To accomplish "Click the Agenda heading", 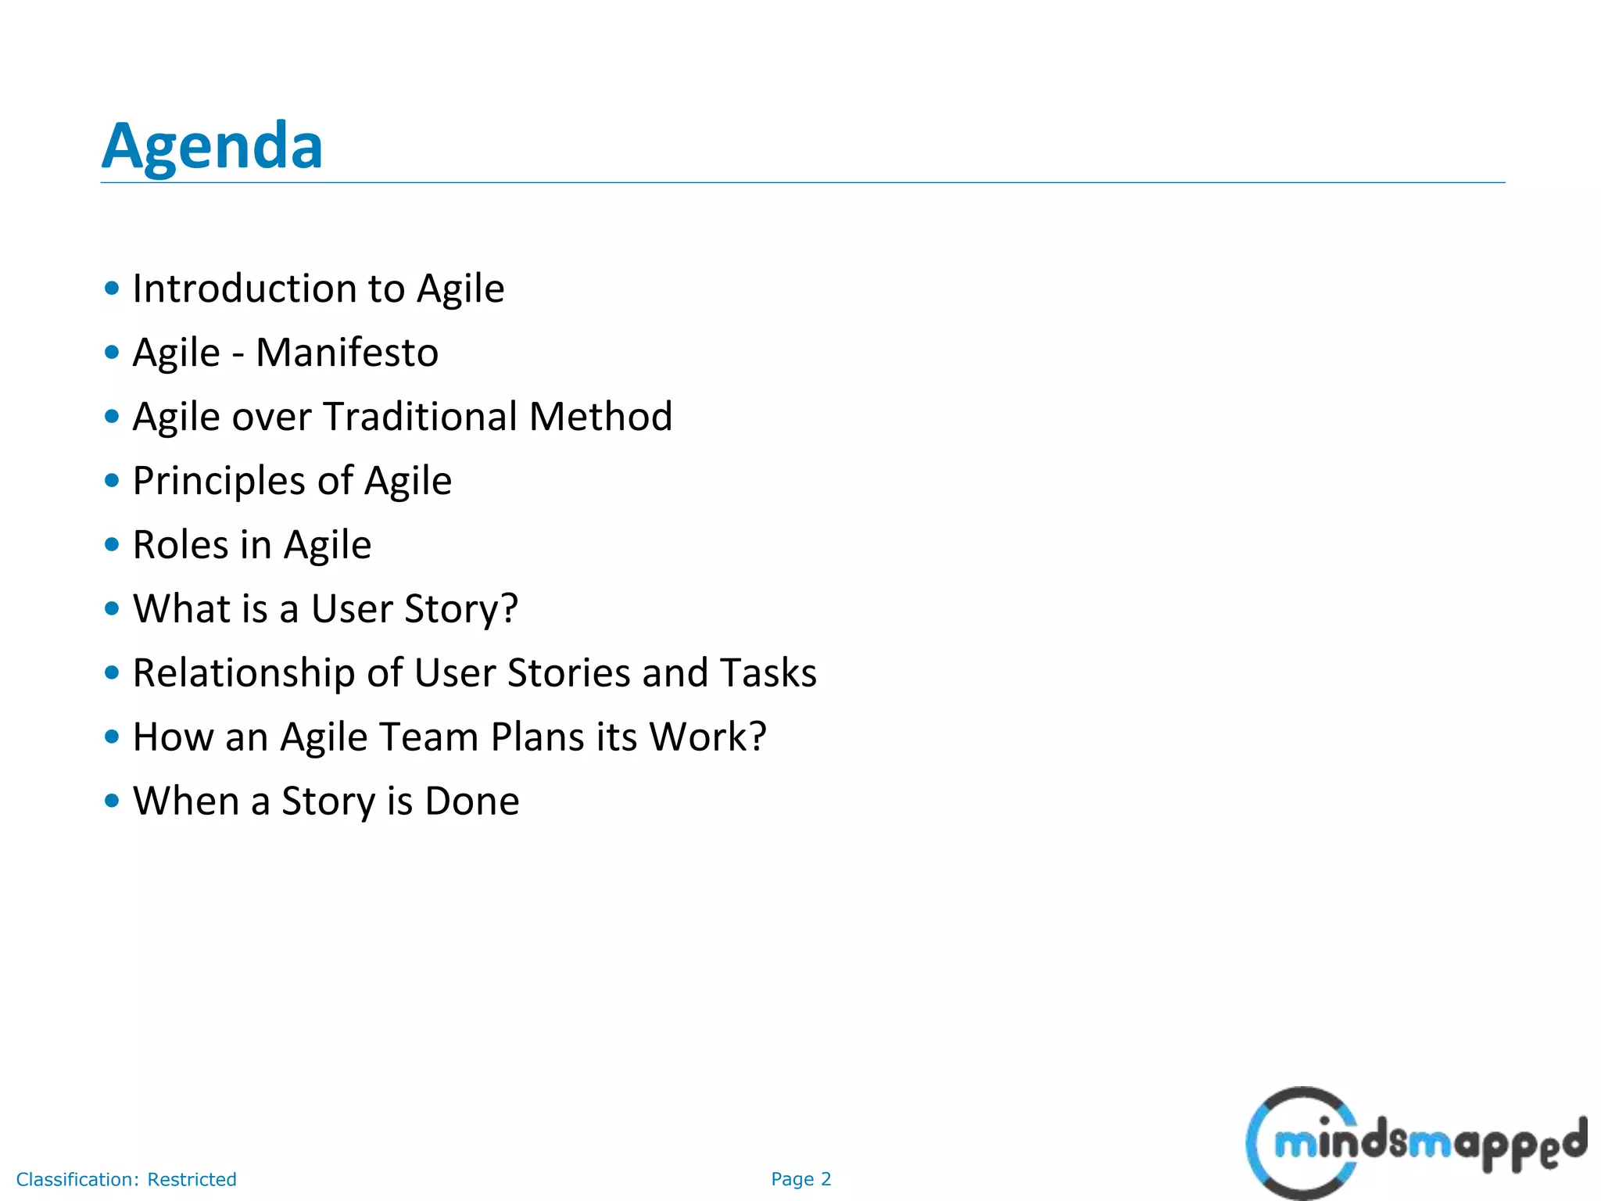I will click(x=212, y=146).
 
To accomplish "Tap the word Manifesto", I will click(x=347, y=353).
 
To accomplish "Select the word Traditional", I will click(x=419, y=417).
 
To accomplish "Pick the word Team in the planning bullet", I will click(x=429, y=737).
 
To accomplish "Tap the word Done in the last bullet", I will click(x=472, y=801).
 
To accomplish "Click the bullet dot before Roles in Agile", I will click(x=112, y=544).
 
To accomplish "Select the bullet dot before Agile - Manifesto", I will click(x=112, y=352).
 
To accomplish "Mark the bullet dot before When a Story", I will click(x=112, y=801).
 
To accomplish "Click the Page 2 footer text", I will click(x=800, y=1179).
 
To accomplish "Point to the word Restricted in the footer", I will click(x=192, y=1179).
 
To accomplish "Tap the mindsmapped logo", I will click(x=1415, y=1143).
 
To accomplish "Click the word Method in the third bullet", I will click(x=600, y=417).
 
